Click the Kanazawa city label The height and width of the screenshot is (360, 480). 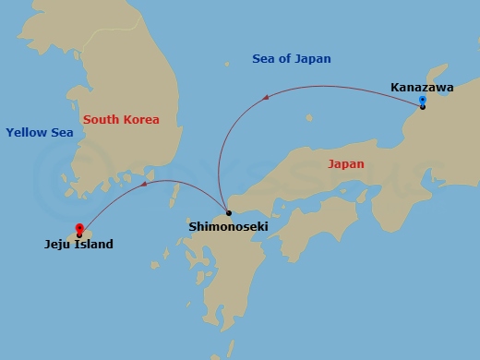(422, 87)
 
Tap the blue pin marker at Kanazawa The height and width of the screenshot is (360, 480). (422, 101)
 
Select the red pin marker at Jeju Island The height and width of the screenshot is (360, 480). (79, 229)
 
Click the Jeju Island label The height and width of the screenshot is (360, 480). (78, 245)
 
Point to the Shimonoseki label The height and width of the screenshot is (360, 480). (228, 225)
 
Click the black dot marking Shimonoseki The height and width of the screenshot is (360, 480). (228, 212)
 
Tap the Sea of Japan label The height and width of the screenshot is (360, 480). (291, 59)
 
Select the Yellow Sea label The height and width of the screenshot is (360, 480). (39, 133)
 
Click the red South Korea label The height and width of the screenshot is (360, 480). (121, 120)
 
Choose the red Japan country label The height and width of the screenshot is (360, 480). (346, 164)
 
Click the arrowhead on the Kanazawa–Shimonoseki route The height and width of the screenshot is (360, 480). (266, 95)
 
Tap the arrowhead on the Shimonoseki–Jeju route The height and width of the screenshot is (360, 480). (144, 185)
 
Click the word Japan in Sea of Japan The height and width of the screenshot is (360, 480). (311, 59)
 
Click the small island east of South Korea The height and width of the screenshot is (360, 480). (227, 66)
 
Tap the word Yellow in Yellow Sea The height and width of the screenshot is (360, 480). (26, 133)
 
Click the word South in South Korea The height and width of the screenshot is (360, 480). (101, 120)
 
